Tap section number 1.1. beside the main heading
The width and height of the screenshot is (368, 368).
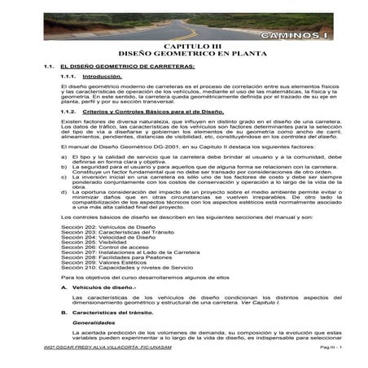(x=48, y=66)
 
